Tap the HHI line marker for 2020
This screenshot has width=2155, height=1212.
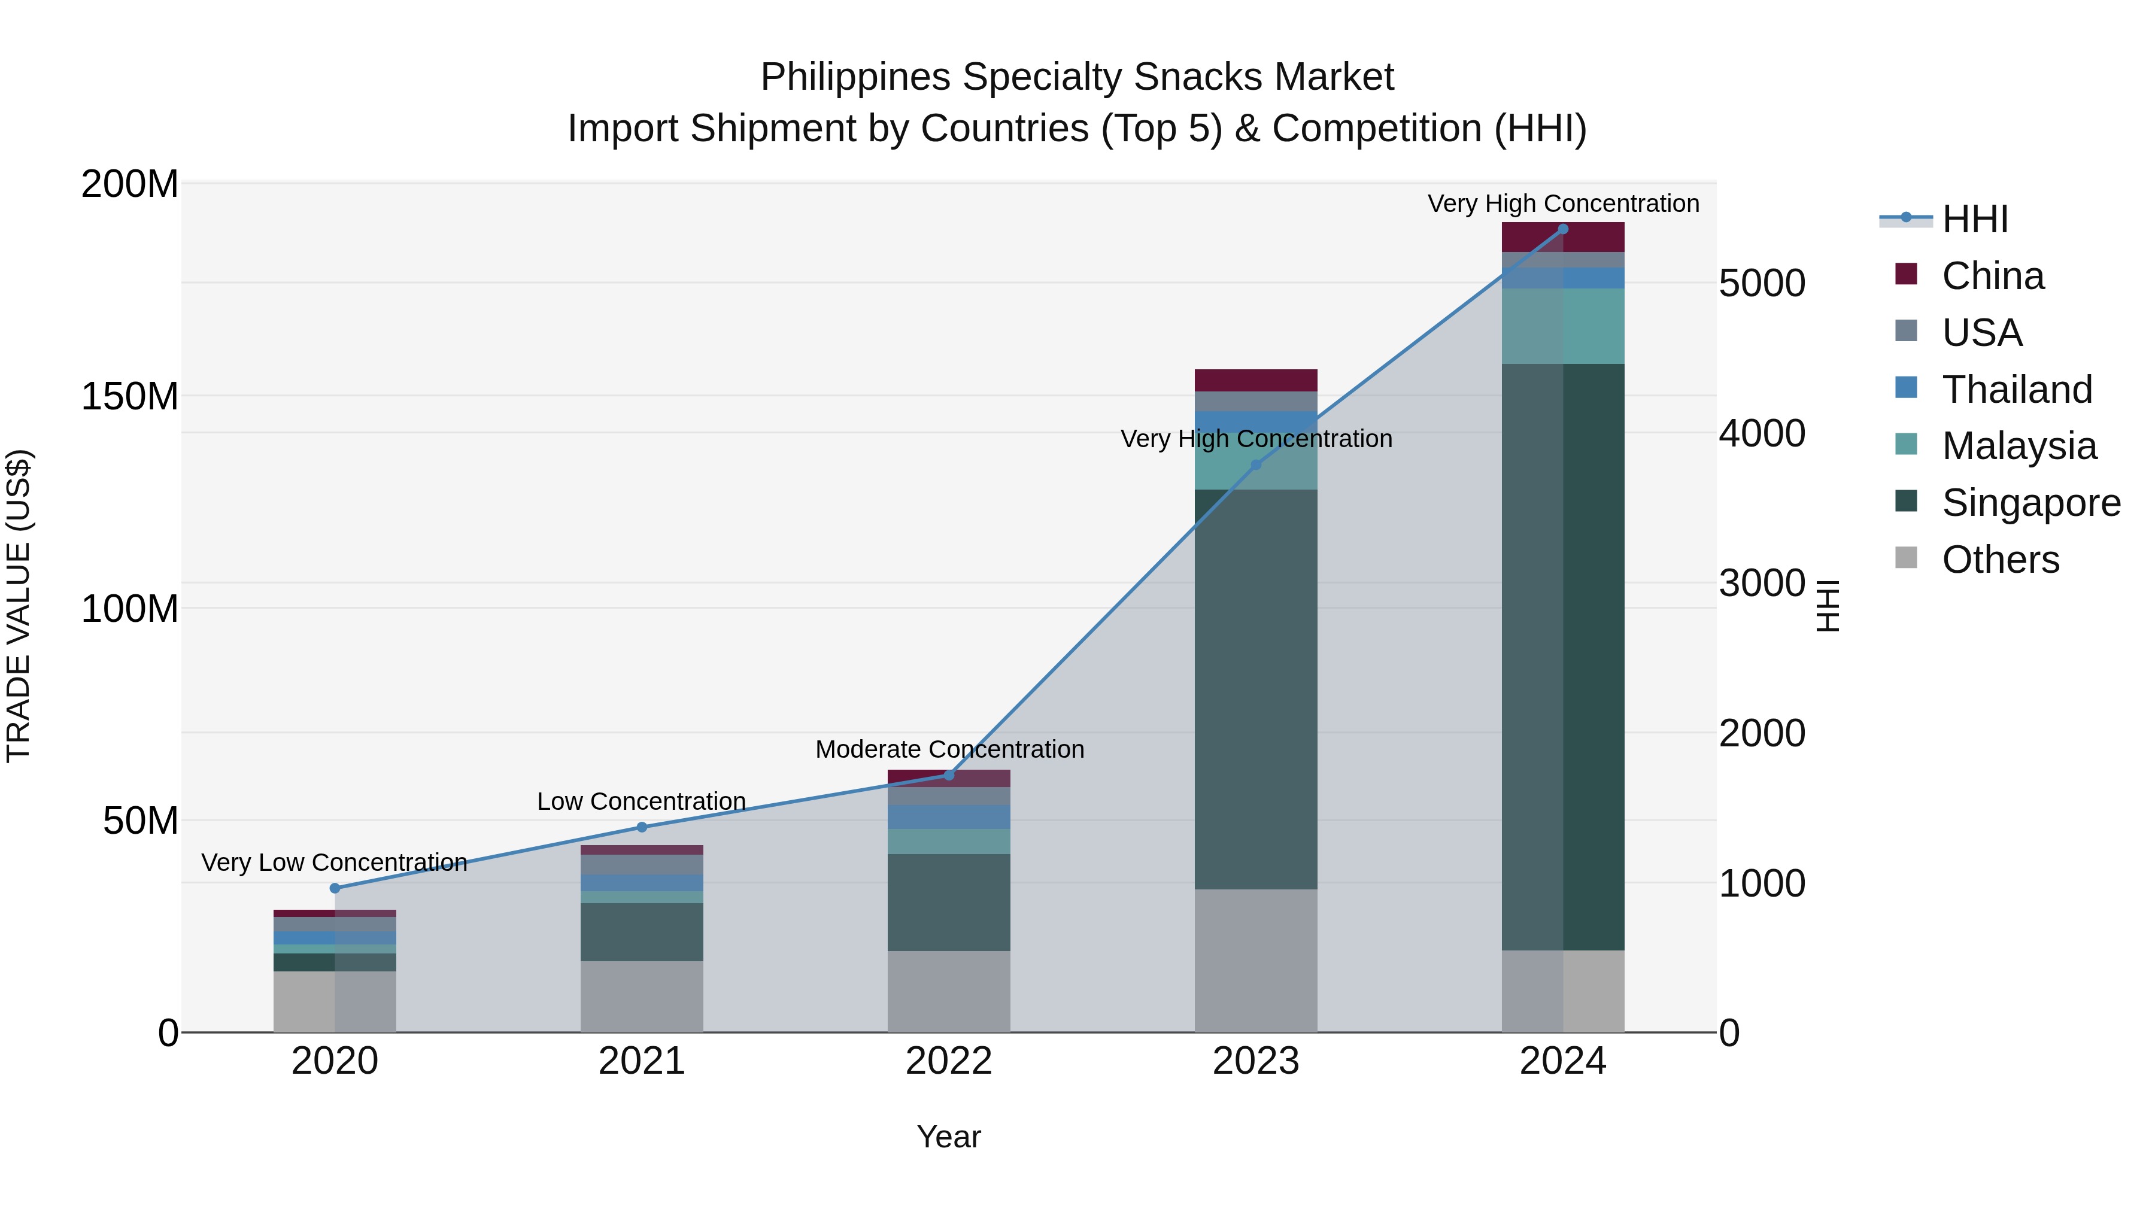point(335,888)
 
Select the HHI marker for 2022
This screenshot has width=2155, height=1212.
point(949,775)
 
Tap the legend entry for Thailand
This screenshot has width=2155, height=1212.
point(2016,390)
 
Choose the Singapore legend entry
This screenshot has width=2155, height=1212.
point(2030,503)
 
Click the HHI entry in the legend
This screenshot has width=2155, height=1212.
point(1974,219)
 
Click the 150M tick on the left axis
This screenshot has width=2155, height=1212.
point(130,396)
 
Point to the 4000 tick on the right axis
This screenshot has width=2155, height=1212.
point(1761,433)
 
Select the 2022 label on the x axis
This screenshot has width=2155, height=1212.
point(949,1061)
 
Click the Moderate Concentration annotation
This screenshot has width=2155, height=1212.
point(949,749)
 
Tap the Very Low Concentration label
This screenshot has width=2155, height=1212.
point(334,862)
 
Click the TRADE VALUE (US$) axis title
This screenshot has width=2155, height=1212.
point(19,606)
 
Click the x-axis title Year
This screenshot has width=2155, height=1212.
point(949,1137)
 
